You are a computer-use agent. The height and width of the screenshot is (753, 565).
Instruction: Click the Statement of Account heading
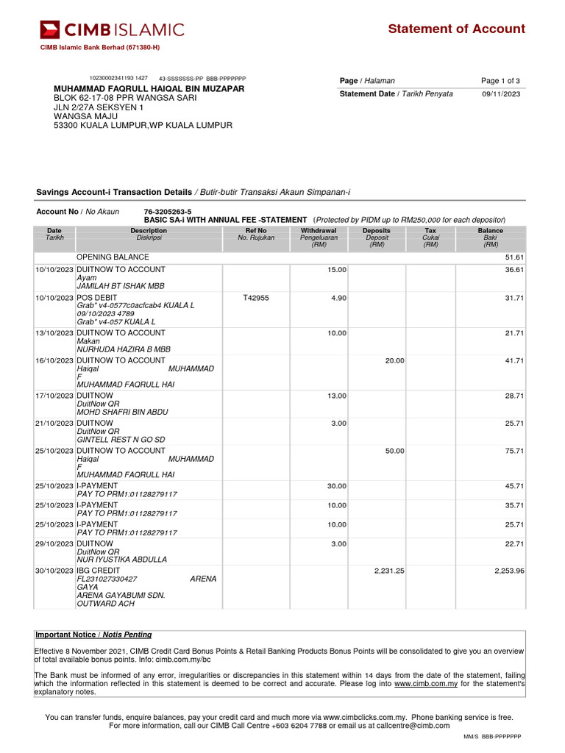coord(456,29)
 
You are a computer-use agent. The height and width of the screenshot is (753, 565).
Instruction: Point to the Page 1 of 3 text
coord(500,81)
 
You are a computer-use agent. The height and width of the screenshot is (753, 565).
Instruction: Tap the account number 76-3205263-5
coord(168,212)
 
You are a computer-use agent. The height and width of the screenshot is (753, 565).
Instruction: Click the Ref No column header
coord(256,234)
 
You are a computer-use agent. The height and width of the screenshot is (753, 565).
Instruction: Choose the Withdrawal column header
coord(319,234)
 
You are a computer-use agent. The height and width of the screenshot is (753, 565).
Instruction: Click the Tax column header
coord(430,234)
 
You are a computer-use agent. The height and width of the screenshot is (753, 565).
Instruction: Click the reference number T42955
coord(256,298)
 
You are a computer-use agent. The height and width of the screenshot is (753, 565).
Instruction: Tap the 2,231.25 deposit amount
coord(389,570)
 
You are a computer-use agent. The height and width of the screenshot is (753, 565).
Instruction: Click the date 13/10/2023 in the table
coord(55,333)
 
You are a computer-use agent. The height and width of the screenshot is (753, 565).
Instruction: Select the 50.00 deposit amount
coord(394,451)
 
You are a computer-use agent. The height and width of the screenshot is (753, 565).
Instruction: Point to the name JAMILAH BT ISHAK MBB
coord(121,285)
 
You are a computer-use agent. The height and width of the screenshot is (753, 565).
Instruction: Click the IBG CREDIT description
coord(98,570)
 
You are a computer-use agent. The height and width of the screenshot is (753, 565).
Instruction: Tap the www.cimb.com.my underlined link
coord(426,683)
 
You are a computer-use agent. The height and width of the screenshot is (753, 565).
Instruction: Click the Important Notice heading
coord(93,635)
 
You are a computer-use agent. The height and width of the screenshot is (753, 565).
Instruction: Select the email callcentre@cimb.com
coord(413,726)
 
